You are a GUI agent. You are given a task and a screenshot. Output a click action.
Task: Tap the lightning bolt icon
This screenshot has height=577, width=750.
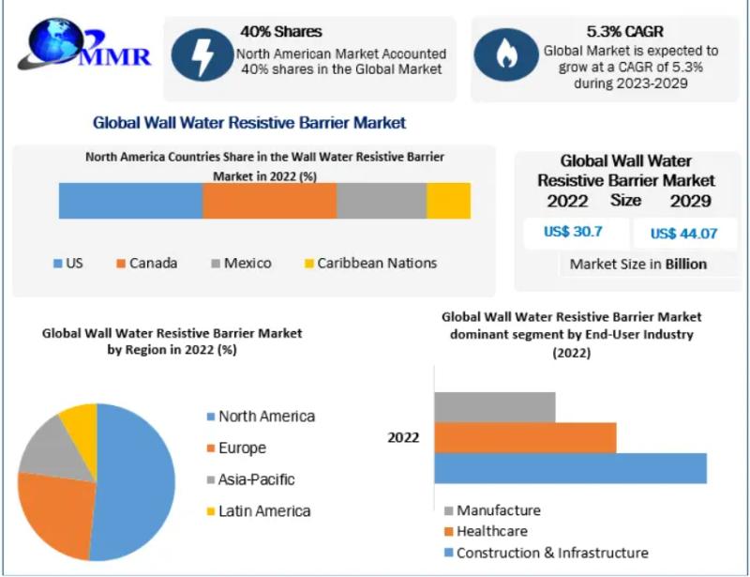(202, 54)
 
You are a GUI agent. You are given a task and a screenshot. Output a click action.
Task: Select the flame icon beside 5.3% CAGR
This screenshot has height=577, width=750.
(505, 54)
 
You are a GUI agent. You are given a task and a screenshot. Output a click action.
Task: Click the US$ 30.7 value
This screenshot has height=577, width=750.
(573, 231)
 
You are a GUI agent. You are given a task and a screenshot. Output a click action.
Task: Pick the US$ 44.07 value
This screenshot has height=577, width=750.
(683, 233)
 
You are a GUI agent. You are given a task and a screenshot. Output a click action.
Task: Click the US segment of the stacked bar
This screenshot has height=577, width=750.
(130, 201)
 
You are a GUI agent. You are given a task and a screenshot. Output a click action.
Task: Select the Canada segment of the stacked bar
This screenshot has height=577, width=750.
(269, 201)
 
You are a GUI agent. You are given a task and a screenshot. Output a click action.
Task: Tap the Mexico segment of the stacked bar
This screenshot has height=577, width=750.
(382, 201)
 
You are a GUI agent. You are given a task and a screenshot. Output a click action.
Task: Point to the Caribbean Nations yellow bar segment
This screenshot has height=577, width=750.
(448, 201)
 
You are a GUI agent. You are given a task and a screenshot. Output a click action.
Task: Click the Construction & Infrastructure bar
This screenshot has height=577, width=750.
(570, 468)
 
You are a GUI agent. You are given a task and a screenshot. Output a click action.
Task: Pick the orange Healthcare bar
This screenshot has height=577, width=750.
(525, 437)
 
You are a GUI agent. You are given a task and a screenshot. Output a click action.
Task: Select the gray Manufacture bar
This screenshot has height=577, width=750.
(494, 407)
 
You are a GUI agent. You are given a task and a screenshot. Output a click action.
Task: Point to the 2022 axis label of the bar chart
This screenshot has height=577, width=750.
(404, 437)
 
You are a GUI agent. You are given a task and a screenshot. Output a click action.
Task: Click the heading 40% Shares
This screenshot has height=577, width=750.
(280, 31)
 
